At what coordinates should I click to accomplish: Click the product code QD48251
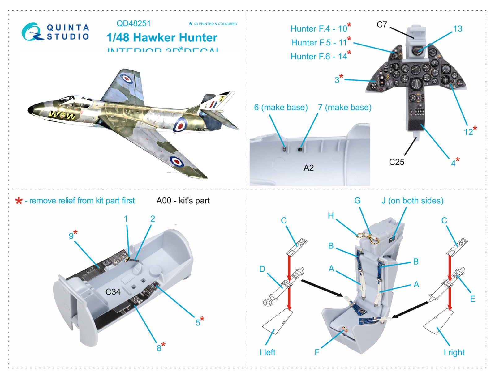tap(133, 23)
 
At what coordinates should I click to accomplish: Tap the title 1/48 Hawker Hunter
tap(162, 38)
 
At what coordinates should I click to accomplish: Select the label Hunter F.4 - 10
tap(319, 29)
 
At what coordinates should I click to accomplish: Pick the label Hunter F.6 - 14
tap(319, 57)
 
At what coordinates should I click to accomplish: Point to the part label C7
tap(382, 24)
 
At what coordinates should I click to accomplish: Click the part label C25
tap(396, 162)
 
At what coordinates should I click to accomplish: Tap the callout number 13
tap(458, 29)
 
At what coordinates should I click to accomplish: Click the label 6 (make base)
tap(281, 107)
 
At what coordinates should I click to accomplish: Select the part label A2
tap(308, 168)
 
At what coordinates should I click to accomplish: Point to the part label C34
tap(113, 292)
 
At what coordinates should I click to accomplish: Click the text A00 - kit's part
tap(183, 201)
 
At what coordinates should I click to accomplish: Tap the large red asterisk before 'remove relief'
tap(19, 201)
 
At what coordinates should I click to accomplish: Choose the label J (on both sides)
tap(412, 201)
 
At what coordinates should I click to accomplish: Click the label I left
tap(268, 352)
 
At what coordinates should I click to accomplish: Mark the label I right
tap(454, 352)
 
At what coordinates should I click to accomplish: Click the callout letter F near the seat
tap(317, 352)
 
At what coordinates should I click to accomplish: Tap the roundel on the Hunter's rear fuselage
tap(180, 125)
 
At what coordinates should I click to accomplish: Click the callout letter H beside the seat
tap(331, 215)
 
